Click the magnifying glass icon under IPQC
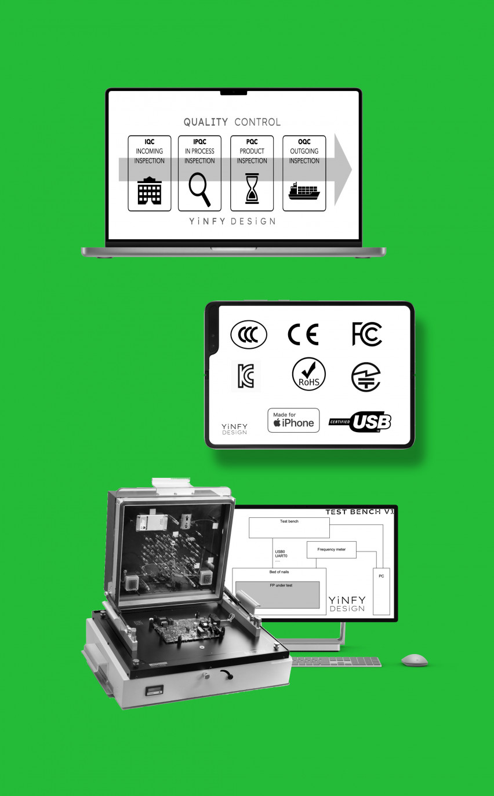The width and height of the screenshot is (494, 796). point(199,189)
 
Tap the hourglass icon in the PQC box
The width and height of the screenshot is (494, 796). point(252,189)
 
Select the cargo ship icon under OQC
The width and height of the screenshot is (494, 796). point(304,191)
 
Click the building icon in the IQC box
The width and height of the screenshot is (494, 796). point(149,191)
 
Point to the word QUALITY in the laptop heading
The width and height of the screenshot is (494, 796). point(206,122)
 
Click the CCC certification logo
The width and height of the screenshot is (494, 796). point(249,335)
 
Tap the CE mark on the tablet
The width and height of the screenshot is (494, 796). point(303,335)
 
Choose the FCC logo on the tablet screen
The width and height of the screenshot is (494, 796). point(367,334)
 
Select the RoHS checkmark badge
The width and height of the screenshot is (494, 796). point(308,374)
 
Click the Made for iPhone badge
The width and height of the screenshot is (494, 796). point(293,420)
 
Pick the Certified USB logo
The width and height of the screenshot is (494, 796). point(360,422)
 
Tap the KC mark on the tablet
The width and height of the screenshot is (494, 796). point(246,376)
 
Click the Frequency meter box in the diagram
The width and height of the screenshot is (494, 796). point(332,549)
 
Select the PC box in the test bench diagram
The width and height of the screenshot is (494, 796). point(381,591)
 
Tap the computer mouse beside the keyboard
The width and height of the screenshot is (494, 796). point(415,659)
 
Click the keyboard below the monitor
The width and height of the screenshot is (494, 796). point(336,662)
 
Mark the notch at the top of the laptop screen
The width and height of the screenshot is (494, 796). point(233,92)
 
